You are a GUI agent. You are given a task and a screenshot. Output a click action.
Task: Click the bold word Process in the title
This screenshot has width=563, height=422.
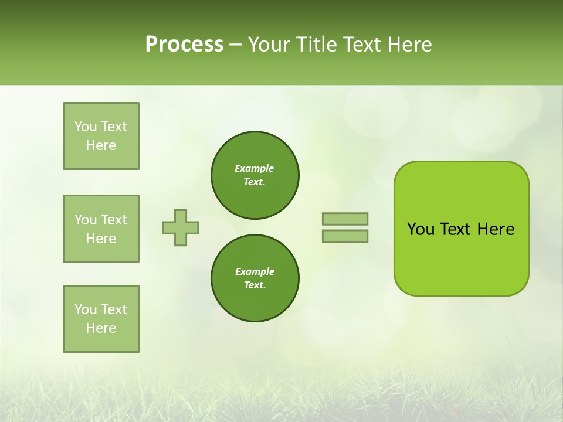pyautogui.click(x=184, y=45)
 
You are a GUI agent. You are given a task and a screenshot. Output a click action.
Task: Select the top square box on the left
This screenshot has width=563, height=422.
pyautogui.click(x=101, y=136)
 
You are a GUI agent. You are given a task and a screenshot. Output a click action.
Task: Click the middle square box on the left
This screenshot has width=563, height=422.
pyautogui.click(x=101, y=229)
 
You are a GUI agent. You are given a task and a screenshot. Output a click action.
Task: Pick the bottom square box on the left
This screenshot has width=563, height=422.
pyautogui.click(x=101, y=319)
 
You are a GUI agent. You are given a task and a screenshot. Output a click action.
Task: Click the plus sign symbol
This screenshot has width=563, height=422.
pyautogui.click(x=181, y=227)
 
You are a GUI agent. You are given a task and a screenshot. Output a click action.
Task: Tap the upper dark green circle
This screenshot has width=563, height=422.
pyautogui.click(x=255, y=175)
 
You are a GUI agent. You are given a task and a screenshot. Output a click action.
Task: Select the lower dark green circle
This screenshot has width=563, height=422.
pyautogui.click(x=255, y=278)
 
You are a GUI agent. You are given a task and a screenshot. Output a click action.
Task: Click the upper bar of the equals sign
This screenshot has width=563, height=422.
pyautogui.click(x=345, y=219)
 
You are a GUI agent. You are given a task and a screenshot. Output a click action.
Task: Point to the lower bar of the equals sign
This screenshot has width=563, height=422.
pyautogui.click(x=345, y=236)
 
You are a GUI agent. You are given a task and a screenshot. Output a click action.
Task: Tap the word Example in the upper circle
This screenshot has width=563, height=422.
pyautogui.click(x=255, y=168)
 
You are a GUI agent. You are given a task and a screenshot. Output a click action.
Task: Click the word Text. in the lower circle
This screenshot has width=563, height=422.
pyautogui.click(x=255, y=285)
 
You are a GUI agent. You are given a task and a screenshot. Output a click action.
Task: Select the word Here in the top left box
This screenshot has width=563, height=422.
pyautogui.click(x=101, y=145)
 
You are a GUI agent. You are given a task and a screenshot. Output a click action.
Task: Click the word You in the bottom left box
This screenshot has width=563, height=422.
pyautogui.click(x=86, y=309)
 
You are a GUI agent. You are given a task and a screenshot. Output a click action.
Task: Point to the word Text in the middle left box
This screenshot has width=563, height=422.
pyautogui.click(x=114, y=220)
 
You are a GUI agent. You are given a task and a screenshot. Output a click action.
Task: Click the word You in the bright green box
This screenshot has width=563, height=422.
pyautogui.click(x=420, y=229)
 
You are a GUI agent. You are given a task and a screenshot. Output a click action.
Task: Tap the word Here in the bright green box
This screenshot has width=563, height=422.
pyautogui.click(x=496, y=229)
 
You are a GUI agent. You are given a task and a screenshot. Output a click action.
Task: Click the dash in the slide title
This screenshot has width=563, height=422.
pyautogui.click(x=236, y=45)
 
